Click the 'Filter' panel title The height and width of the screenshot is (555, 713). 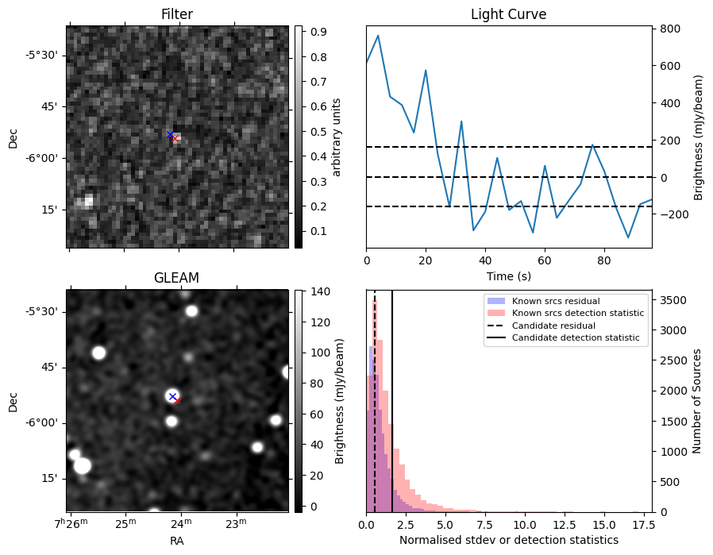pyautogui.click(x=176, y=14)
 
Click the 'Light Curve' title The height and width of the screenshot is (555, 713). pyautogui.click(x=508, y=14)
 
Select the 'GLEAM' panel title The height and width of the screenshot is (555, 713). pyautogui.click(x=176, y=278)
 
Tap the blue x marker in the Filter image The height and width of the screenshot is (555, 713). pyautogui.click(x=170, y=135)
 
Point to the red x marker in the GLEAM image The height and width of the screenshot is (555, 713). pyautogui.click(x=177, y=401)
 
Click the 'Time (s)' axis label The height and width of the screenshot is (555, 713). pyautogui.click(x=508, y=276)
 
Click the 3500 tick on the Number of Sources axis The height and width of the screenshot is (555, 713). pyautogui.click(x=670, y=300)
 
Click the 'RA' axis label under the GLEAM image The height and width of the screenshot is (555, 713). pyautogui.click(x=176, y=541)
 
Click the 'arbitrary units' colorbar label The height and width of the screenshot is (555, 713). pyautogui.click(x=337, y=137)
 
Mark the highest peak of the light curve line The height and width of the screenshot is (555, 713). pyautogui.click(x=378, y=36)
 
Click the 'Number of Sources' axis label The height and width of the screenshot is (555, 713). pyautogui.click(x=697, y=400)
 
